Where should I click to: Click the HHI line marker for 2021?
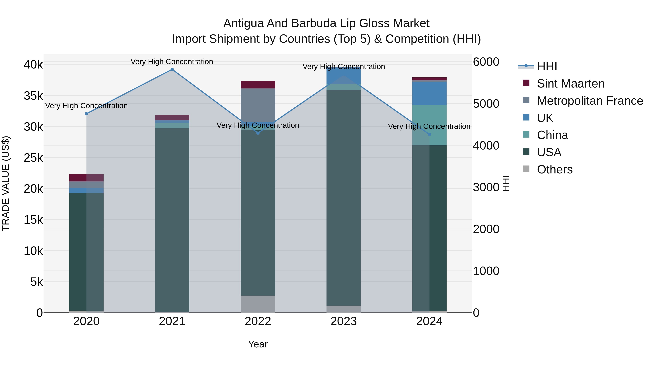tap(172, 69)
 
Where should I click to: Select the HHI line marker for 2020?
tap(87, 114)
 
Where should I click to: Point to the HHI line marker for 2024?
tap(429, 134)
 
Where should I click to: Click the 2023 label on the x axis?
tap(344, 321)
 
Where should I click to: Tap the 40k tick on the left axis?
tap(33, 65)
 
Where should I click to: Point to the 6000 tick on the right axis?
tap(486, 62)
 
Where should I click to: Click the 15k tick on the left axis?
tap(33, 220)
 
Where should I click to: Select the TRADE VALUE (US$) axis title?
tap(6, 183)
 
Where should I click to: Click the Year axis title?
tap(258, 344)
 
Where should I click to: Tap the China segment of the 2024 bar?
tap(429, 125)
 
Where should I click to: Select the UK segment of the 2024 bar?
tap(429, 94)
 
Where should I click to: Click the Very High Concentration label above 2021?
tap(172, 62)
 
